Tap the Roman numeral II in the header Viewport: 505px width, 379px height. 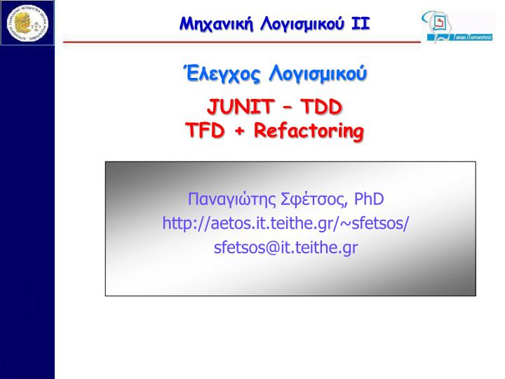click(x=360, y=24)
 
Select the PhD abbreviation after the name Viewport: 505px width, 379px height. click(x=369, y=199)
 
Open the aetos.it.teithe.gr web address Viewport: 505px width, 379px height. click(x=286, y=223)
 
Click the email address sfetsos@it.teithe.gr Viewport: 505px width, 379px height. click(x=286, y=248)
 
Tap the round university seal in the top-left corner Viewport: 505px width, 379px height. click(x=27, y=22)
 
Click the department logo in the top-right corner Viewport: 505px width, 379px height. click(x=457, y=25)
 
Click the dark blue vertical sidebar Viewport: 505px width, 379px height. click(x=27, y=211)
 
